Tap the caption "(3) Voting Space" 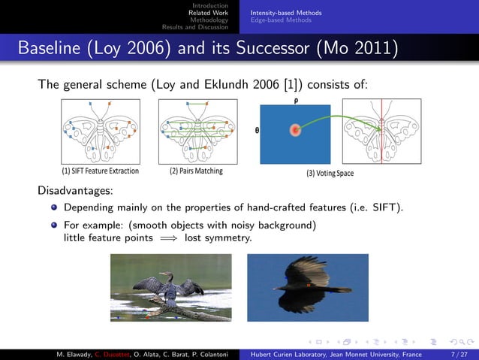click(x=329, y=174)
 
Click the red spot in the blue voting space click(x=295, y=130)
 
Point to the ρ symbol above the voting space click(x=295, y=98)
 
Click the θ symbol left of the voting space click(x=258, y=129)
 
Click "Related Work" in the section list click(x=208, y=13)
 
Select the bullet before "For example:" click(x=54, y=225)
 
